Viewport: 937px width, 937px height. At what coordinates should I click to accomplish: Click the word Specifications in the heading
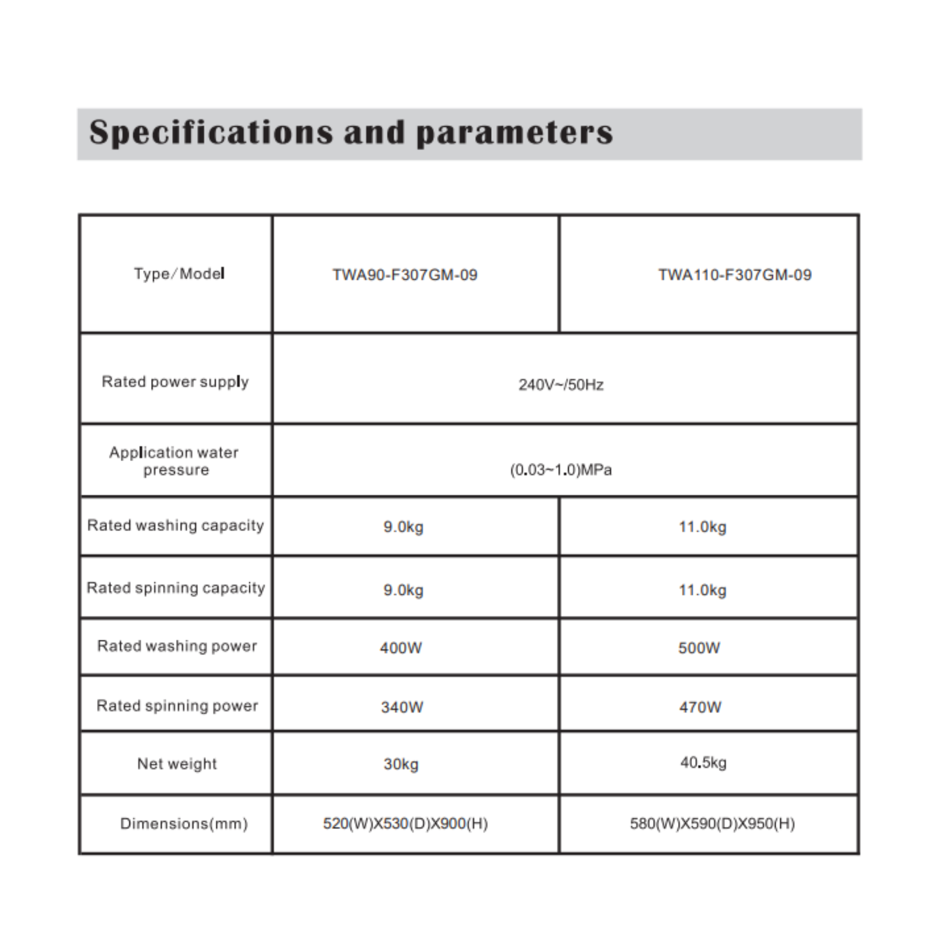(x=211, y=132)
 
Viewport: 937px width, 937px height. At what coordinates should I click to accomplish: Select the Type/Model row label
(x=179, y=274)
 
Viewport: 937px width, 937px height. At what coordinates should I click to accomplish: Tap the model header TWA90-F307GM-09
(x=405, y=275)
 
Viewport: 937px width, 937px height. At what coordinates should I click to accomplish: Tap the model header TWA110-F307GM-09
(x=734, y=275)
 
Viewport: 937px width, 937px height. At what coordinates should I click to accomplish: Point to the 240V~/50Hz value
(x=561, y=385)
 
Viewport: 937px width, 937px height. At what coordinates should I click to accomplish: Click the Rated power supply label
(x=175, y=382)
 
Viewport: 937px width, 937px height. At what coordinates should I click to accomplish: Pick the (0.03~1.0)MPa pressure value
(x=560, y=470)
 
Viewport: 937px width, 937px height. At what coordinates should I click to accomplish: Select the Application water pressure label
(x=174, y=461)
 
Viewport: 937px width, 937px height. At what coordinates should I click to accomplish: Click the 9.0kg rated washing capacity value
(x=403, y=527)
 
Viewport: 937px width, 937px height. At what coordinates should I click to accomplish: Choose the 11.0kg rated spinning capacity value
(x=702, y=590)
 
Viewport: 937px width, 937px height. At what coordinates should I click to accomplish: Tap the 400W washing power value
(x=401, y=648)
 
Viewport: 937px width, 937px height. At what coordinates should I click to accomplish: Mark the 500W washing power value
(x=699, y=648)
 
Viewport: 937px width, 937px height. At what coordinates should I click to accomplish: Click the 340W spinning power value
(x=402, y=707)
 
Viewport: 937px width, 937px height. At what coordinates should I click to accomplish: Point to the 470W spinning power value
(x=700, y=707)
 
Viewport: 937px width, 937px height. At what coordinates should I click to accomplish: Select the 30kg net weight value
(x=401, y=765)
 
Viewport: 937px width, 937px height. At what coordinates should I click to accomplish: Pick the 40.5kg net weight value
(x=703, y=763)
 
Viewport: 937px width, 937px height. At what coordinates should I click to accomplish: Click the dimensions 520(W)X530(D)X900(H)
(x=405, y=824)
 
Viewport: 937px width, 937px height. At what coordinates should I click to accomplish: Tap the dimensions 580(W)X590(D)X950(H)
(x=712, y=824)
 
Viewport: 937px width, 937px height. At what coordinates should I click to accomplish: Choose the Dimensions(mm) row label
(x=184, y=824)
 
